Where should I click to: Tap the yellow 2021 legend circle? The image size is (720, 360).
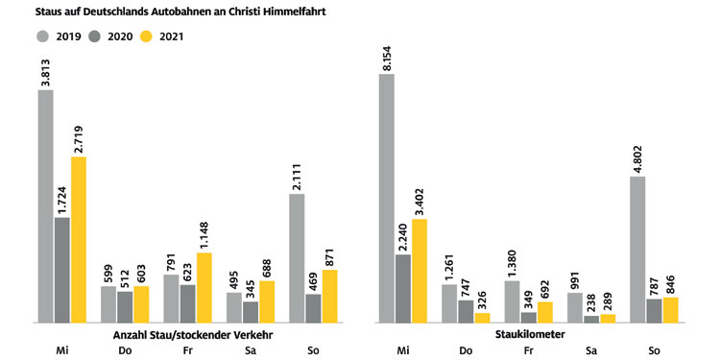[148, 37]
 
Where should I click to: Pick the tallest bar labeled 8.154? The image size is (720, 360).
[387, 198]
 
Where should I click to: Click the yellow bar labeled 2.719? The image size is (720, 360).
[79, 239]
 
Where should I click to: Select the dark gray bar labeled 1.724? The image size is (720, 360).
[62, 270]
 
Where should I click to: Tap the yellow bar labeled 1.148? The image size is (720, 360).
[204, 287]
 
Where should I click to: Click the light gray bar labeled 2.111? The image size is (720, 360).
[297, 257]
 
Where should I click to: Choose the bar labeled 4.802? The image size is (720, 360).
[638, 249]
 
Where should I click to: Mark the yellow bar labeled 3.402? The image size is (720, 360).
[419, 270]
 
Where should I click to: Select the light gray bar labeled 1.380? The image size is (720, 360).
[513, 300]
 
